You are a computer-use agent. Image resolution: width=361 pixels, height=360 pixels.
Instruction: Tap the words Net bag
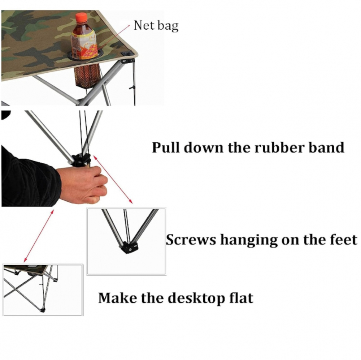click(156, 26)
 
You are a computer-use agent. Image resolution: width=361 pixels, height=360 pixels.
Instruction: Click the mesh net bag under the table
click(87, 76)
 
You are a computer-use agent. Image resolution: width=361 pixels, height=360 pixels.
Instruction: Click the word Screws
click(191, 240)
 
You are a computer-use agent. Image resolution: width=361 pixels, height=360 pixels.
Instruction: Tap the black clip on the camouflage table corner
click(126, 53)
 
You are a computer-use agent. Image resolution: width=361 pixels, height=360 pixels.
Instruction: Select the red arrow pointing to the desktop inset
click(39, 236)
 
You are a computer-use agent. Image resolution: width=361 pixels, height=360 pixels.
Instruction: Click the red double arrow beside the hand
click(113, 179)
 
